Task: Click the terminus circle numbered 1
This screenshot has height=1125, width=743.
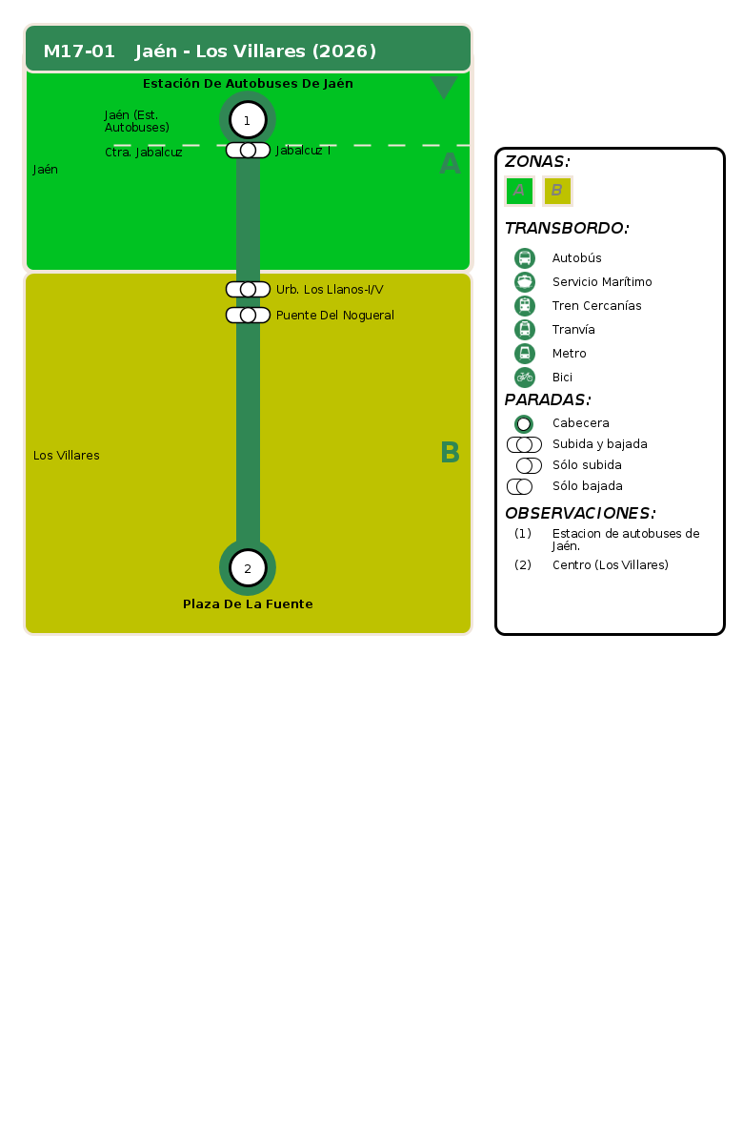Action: click(x=248, y=120)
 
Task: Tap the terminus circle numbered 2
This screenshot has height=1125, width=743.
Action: click(x=248, y=567)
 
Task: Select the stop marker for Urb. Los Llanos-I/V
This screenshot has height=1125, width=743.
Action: click(x=249, y=289)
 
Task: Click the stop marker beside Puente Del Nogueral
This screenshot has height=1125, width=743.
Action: click(x=249, y=315)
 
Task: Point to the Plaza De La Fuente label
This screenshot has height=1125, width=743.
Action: click(x=248, y=604)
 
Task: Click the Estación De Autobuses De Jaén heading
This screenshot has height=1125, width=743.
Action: click(x=248, y=83)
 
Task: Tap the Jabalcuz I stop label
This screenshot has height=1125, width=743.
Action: click(x=303, y=150)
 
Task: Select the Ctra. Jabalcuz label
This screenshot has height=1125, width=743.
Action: click(x=144, y=153)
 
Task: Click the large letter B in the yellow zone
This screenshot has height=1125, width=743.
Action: click(x=450, y=453)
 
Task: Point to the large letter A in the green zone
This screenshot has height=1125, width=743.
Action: click(x=450, y=164)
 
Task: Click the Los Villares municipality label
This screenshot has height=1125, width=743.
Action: click(x=66, y=456)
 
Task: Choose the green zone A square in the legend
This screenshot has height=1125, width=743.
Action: click(x=519, y=191)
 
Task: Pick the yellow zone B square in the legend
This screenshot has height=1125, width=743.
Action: click(x=557, y=191)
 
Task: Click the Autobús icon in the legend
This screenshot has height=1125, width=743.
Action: click(x=525, y=257)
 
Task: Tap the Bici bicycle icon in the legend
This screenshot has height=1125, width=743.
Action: click(x=525, y=377)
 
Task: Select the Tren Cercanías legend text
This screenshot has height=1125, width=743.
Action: click(x=596, y=306)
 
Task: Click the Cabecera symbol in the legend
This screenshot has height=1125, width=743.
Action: click(x=524, y=424)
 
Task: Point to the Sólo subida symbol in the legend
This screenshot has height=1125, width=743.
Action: click(x=530, y=465)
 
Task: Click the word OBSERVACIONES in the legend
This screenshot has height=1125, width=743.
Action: click(x=580, y=513)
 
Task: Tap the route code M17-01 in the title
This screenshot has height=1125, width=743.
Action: click(x=79, y=51)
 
